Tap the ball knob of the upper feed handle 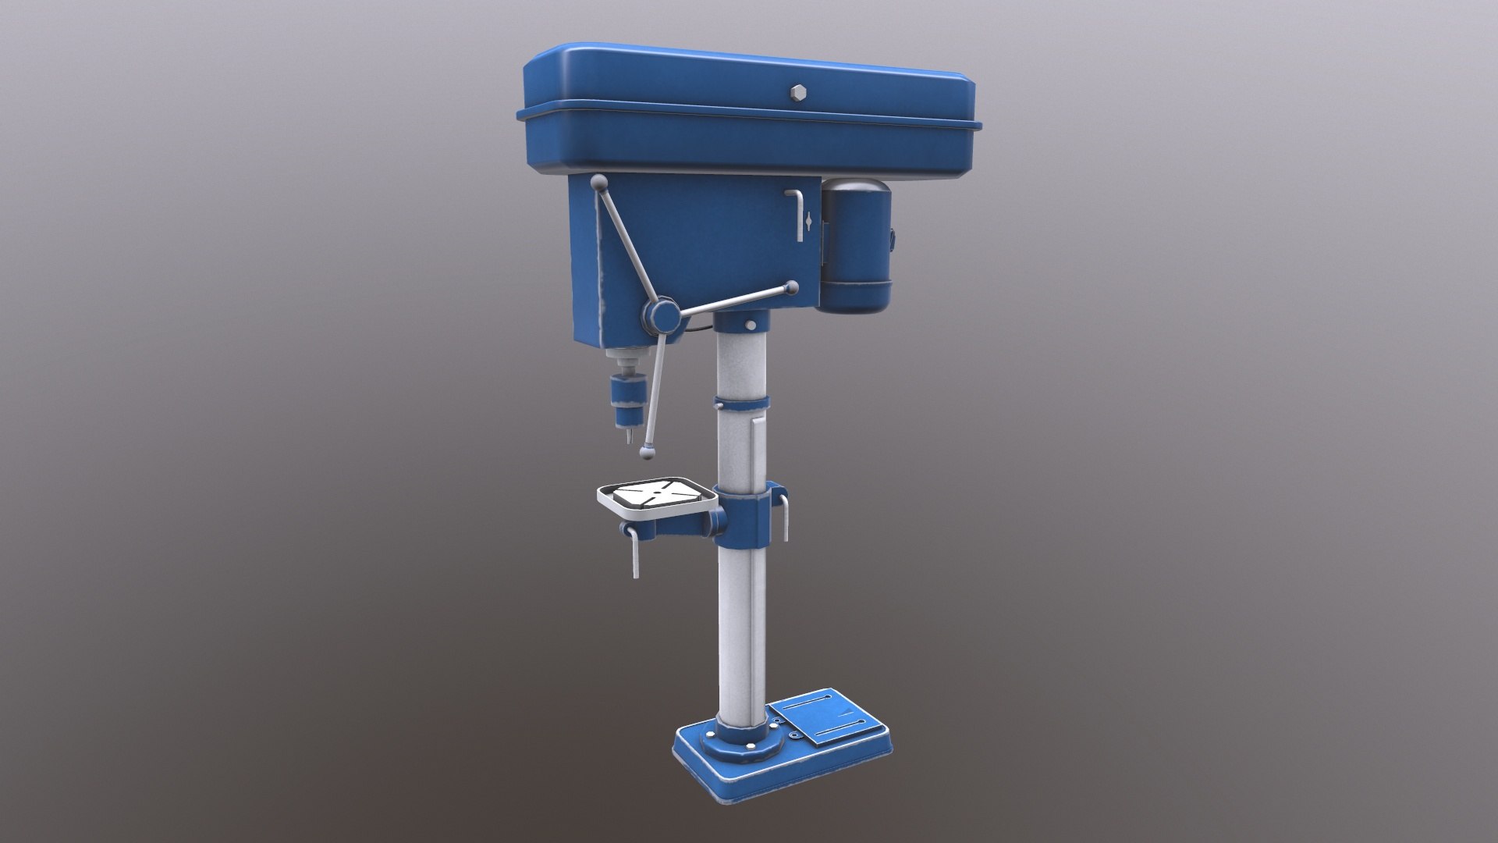coord(598,183)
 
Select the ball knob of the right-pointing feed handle coord(793,288)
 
